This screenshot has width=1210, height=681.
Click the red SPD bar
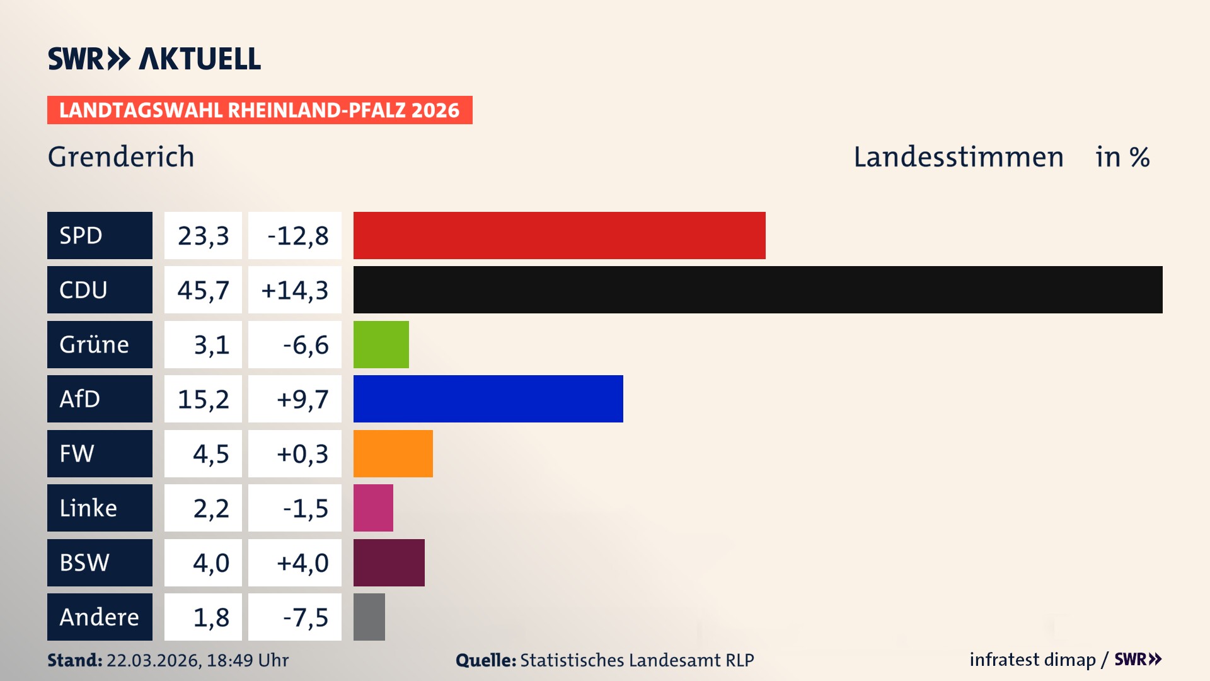559,235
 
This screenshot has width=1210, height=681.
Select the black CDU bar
758,289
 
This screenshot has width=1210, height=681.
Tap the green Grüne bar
381,344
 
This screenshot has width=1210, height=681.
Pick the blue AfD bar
488,399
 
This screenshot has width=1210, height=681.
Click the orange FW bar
393,453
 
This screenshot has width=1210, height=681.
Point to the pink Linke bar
373,508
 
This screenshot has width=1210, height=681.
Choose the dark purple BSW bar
389,562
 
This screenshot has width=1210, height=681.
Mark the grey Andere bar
369,617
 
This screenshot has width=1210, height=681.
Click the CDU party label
100,289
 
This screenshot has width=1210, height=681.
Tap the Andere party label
100,617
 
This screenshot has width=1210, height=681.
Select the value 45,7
203,290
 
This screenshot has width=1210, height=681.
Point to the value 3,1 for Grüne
203,345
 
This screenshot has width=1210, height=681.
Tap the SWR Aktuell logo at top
154,59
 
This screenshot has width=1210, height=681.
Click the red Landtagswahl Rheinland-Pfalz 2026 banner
259,110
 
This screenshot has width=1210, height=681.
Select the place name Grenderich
121,157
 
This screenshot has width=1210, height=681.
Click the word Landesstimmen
958,157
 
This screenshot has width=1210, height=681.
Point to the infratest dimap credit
1032,660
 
